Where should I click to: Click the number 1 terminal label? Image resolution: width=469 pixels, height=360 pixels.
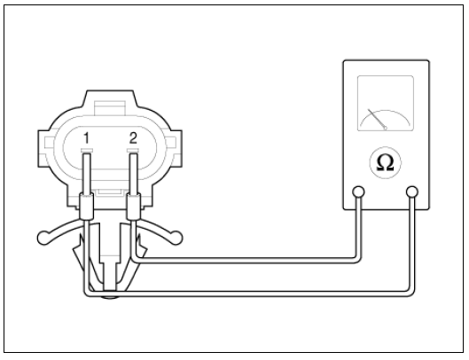(86, 138)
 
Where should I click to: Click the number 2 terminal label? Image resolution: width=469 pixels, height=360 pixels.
(133, 138)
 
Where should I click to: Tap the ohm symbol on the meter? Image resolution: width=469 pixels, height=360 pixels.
(386, 162)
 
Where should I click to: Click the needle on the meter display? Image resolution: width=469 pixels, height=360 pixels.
(377, 120)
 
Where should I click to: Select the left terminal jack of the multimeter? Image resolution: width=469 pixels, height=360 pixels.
(358, 192)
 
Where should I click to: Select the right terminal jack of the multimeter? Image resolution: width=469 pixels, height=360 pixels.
(412, 192)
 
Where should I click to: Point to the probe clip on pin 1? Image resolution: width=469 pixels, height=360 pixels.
(86, 207)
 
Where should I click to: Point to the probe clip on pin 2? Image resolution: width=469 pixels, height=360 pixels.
(133, 207)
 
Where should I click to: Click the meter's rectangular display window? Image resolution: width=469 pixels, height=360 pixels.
(386, 103)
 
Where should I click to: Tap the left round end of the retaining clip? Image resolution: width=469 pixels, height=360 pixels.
(43, 239)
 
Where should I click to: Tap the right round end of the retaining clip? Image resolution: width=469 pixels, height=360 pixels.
(176, 239)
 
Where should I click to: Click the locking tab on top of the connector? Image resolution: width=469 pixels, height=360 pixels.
(109, 108)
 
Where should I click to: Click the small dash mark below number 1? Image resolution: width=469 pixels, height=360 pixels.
(87, 150)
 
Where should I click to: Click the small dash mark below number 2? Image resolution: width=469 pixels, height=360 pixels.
(133, 150)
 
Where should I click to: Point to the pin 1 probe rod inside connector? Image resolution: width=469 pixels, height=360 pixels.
(87, 174)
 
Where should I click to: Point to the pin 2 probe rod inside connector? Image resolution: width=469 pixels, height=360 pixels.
(133, 174)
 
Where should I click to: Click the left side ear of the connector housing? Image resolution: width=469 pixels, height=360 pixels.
(45, 148)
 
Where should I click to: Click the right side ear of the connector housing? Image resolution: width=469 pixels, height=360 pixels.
(174, 148)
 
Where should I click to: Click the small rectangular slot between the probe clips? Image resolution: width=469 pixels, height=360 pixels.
(109, 192)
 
